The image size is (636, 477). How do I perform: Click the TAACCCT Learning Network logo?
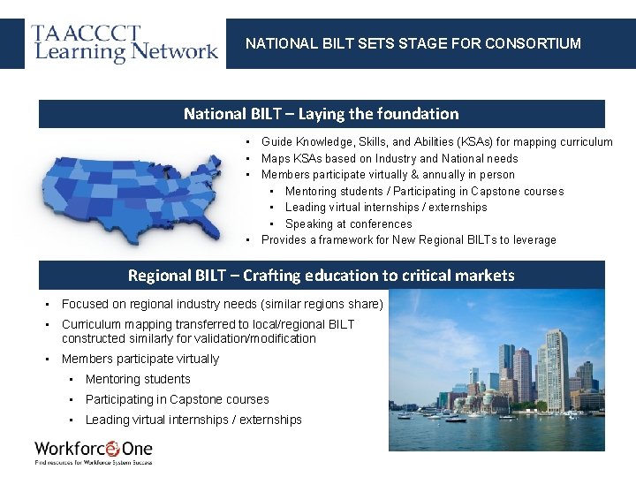click(124, 43)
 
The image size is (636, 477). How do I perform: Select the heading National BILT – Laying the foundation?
click(321, 113)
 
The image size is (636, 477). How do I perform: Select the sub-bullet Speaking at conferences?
click(348, 224)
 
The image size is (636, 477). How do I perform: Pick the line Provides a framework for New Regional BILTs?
click(408, 240)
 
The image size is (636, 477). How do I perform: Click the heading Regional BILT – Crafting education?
click(321, 275)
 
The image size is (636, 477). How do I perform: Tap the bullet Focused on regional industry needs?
click(222, 304)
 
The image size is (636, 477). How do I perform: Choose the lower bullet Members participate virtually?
click(140, 359)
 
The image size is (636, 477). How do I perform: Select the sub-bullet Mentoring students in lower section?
click(138, 379)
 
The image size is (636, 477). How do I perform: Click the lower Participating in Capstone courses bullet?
click(177, 399)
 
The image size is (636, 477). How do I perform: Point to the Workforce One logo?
click(94, 450)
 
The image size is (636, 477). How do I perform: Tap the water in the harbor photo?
click(495, 433)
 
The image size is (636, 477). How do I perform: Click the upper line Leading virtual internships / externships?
click(386, 208)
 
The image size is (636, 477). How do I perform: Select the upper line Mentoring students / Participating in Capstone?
click(424, 192)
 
